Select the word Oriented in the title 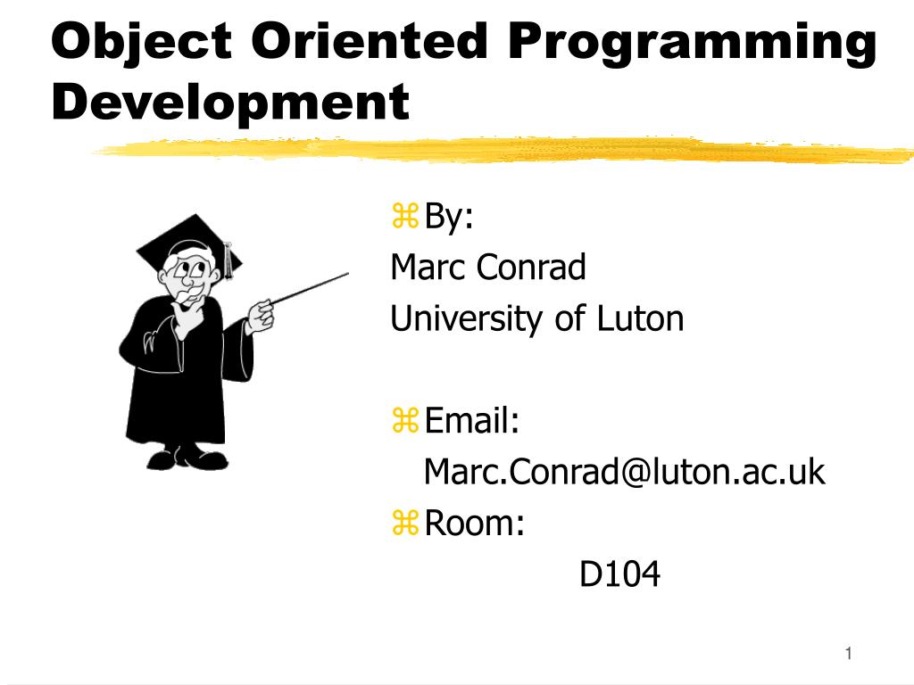[370, 41]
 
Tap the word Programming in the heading [693, 45]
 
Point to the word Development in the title [230, 103]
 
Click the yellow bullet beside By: [405, 216]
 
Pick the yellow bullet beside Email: [405, 421]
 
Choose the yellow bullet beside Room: [405, 523]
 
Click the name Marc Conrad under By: [488, 268]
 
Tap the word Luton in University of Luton [640, 318]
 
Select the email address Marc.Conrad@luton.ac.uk [624, 472]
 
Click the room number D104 [619, 574]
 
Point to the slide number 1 [849, 654]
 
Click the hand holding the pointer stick [259, 317]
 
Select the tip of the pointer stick [348, 273]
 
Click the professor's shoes [187, 458]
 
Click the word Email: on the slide [471, 421]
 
